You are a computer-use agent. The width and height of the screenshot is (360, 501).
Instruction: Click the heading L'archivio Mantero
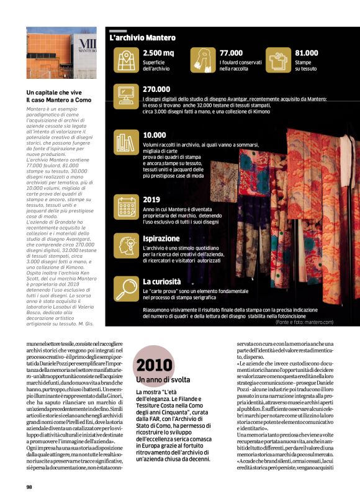coord(142,38)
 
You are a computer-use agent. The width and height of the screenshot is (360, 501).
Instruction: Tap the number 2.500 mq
coord(158,53)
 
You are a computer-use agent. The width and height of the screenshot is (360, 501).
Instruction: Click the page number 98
coord(30,487)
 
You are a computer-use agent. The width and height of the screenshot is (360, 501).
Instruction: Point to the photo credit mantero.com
coord(304,322)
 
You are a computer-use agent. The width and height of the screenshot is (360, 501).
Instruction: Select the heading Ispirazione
coord(161,238)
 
